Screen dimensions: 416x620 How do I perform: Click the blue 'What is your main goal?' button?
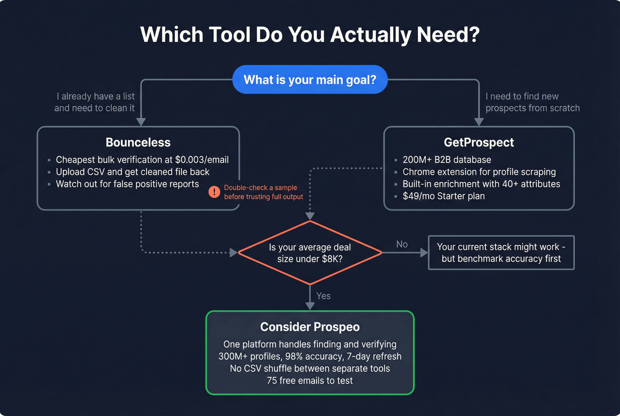310,80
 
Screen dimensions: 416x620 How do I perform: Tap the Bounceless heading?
138,142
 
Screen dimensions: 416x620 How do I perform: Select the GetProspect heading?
479,142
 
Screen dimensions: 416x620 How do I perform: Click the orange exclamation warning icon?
214,192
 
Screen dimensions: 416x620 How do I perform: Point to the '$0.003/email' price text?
202,160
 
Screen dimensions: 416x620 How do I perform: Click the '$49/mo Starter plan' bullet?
443,196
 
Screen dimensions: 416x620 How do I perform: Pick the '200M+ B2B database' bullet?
446,160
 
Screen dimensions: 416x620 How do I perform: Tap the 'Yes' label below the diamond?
323,296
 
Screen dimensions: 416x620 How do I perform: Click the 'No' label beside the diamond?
402,245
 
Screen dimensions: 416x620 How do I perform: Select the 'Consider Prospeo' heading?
310,327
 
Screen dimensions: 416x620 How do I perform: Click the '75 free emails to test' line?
310,381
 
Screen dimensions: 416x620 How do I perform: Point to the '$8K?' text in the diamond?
332,259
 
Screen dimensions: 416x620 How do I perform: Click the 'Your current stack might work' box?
501,253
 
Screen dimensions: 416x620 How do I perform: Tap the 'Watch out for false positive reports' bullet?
127,184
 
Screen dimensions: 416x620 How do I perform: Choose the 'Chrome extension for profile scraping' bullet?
479,172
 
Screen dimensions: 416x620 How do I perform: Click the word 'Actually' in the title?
370,35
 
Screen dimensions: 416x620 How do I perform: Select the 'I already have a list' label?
96,97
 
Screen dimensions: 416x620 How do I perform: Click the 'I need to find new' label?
522,97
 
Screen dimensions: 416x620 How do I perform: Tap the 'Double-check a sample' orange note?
260,188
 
